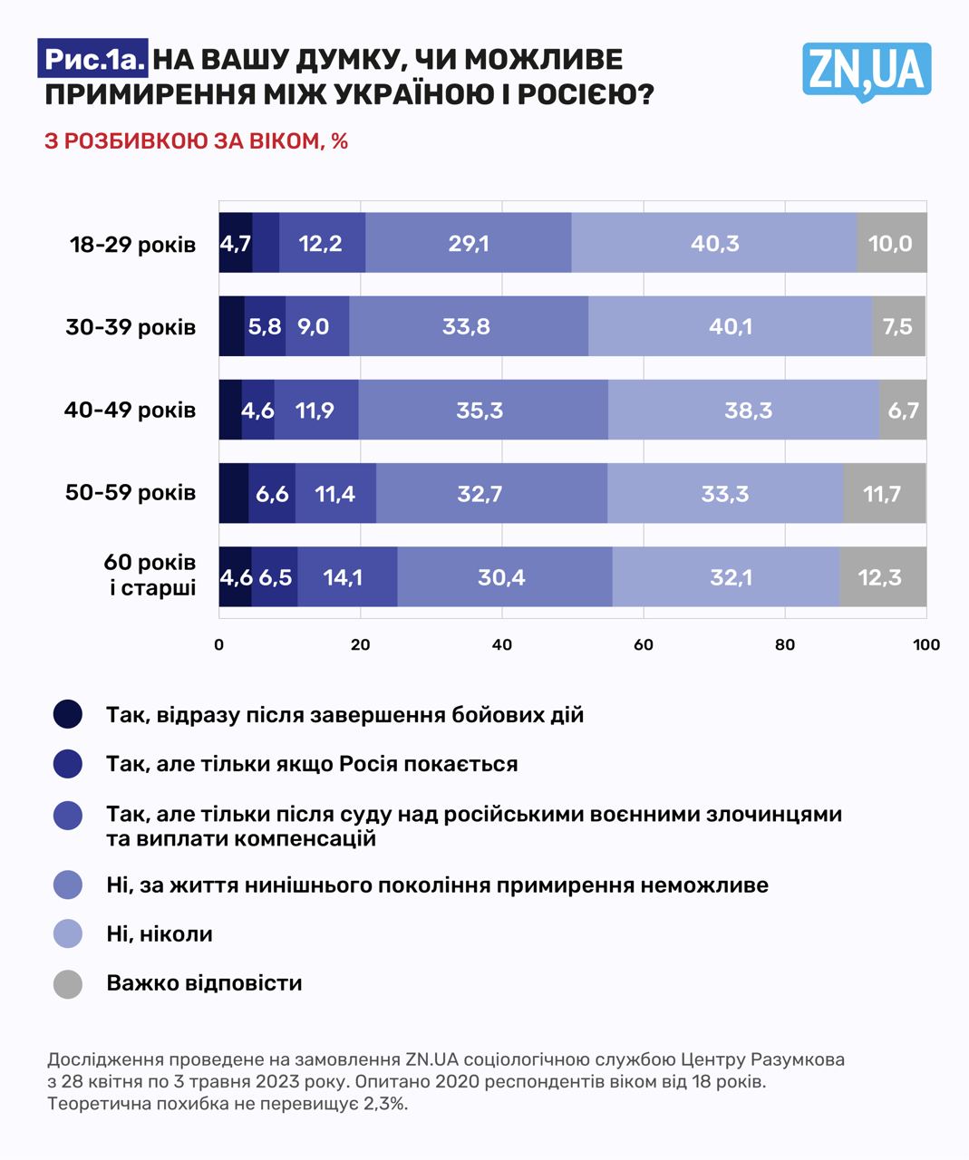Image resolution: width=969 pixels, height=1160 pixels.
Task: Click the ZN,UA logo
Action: coord(867,71)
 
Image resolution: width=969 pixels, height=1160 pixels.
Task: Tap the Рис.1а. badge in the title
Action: coord(94,60)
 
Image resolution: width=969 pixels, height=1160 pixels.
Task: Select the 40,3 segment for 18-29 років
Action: coord(714,243)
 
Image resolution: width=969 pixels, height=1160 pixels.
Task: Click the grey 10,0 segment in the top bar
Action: coord(891,243)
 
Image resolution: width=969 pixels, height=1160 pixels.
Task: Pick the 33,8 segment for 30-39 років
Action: coord(467,326)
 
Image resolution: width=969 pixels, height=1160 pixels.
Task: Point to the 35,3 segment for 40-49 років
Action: coord(480,410)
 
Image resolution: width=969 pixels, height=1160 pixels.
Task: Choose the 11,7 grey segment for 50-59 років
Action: coord(883,493)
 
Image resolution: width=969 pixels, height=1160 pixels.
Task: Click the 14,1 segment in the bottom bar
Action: coord(344,576)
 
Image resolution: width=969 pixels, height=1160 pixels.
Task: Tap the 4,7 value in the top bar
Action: coord(236,243)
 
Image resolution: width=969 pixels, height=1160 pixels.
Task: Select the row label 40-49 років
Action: coord(130,410)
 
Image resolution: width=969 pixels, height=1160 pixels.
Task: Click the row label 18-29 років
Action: coord(132,245)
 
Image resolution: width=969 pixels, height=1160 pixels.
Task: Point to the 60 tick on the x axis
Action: coord(643,644)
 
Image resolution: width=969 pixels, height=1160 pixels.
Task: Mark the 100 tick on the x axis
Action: coord(925,644)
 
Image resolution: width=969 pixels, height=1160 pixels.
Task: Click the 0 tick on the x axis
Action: coord(219,644)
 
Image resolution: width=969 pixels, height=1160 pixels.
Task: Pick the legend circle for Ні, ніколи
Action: coord(68,933)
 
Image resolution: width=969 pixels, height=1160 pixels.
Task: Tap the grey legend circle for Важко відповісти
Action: coord(68,983)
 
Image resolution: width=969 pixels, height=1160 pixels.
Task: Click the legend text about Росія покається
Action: coord(312,764)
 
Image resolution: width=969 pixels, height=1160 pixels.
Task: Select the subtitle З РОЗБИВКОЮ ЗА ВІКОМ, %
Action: coord(197,141)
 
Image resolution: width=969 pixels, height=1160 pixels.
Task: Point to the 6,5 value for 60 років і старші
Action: coord(275,576)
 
